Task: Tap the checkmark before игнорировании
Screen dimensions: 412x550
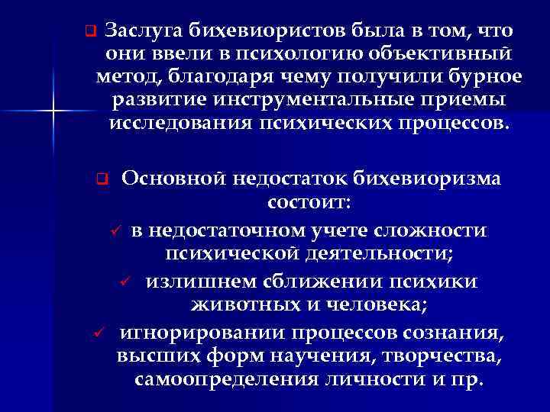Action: (x=97, y=333)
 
